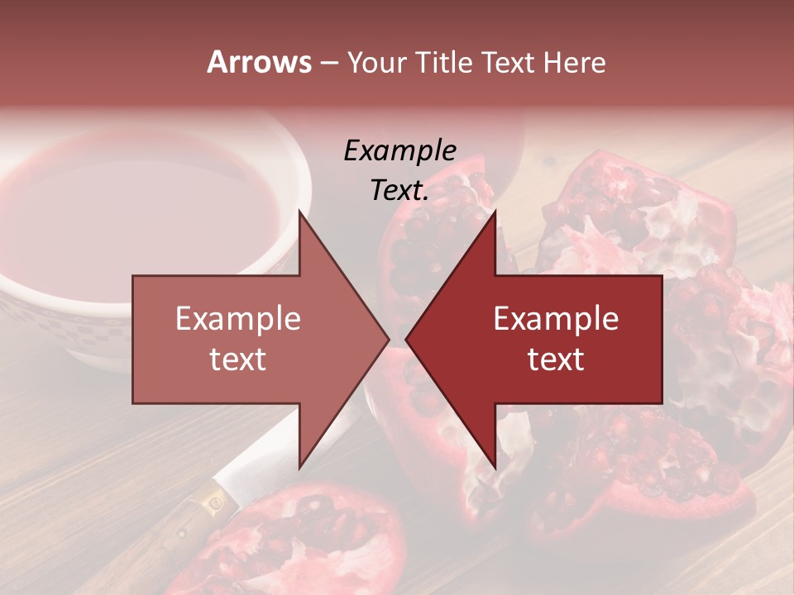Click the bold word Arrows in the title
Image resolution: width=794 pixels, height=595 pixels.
click(259, 62)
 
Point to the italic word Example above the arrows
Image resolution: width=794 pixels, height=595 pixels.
click(399, 151)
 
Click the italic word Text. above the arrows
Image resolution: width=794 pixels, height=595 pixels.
click(399, 191)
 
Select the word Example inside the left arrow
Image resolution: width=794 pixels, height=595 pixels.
click(238, 318)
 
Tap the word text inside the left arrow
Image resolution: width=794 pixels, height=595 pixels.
click(238, 359)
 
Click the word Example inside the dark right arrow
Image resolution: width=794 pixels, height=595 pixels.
click(556, 318)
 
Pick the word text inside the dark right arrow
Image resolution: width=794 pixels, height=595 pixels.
click(556, 359)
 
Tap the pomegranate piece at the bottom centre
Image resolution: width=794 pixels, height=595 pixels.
click(331, 537)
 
